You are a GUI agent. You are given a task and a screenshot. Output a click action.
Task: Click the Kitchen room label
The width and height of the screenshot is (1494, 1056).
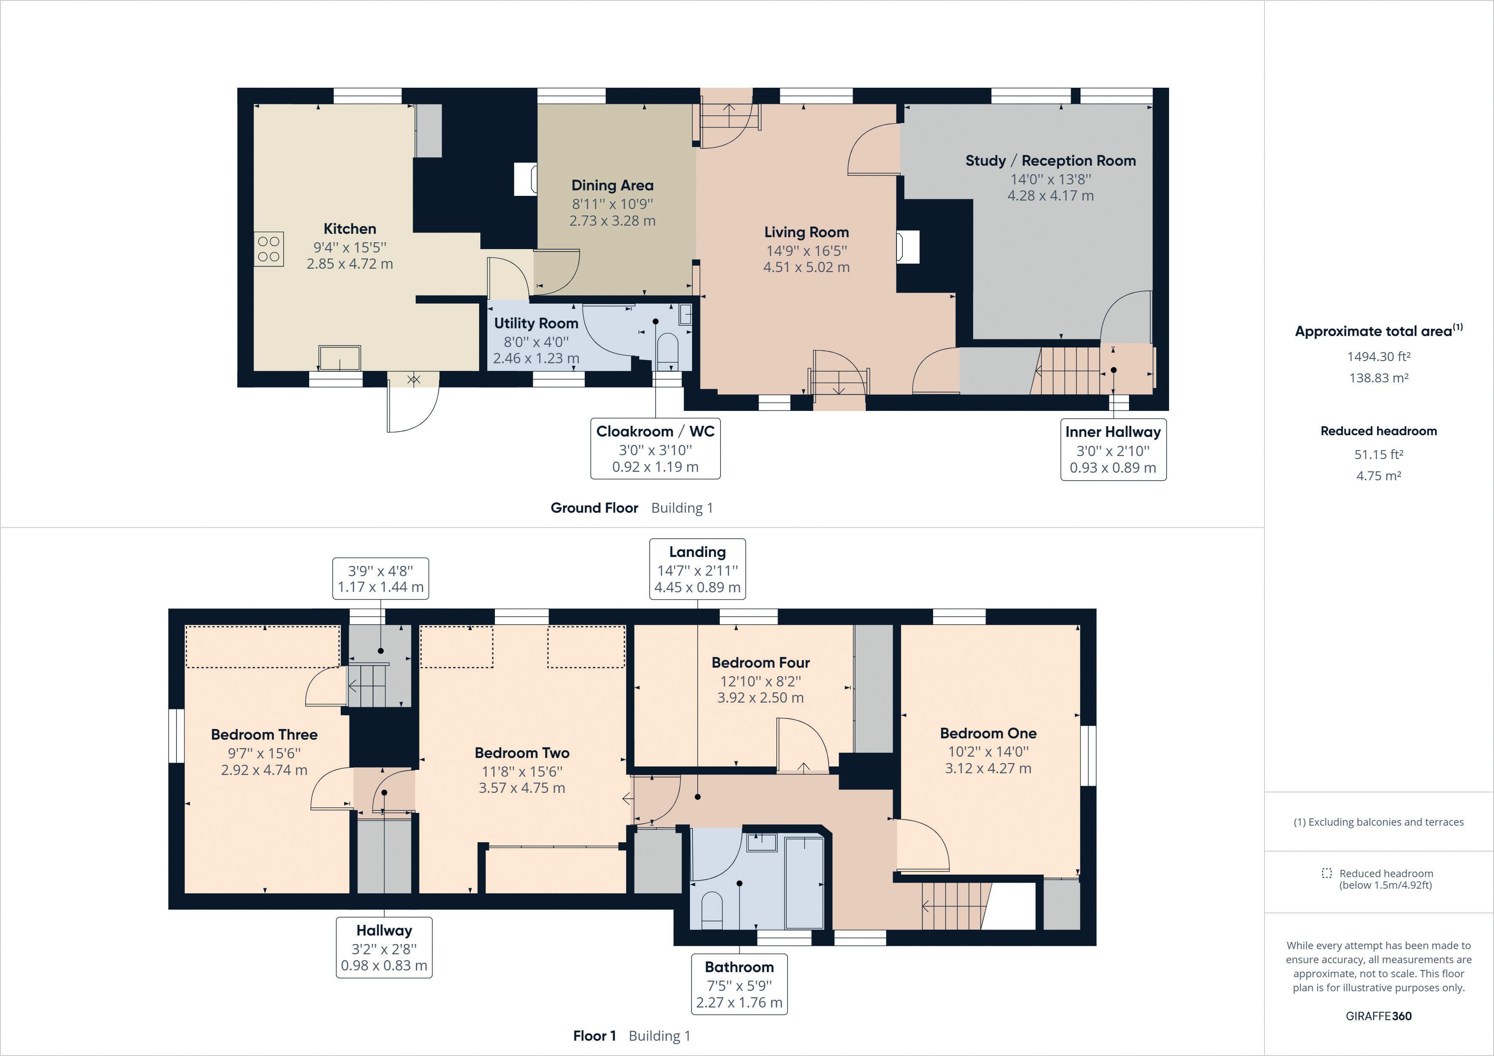350,229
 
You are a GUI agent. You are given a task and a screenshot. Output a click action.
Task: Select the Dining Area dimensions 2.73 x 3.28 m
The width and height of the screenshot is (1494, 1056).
612,221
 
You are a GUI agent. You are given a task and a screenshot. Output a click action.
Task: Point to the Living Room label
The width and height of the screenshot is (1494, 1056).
806,232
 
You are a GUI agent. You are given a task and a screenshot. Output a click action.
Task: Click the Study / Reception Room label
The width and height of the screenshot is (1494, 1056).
1050,161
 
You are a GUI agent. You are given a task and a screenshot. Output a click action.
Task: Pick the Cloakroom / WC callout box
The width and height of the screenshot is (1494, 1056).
655,449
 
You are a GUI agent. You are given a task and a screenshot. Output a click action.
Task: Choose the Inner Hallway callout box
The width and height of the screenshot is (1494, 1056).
1113,450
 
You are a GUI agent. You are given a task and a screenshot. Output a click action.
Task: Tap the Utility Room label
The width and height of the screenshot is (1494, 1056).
536,323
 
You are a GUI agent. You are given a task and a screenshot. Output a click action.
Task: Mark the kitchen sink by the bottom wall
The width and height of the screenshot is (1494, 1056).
339,357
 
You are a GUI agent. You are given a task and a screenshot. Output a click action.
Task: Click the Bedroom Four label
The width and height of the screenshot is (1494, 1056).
761,663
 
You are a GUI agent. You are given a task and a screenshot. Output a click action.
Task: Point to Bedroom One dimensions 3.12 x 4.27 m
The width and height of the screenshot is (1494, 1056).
988,769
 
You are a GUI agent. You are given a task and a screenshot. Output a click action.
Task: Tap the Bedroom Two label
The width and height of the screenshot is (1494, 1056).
522,753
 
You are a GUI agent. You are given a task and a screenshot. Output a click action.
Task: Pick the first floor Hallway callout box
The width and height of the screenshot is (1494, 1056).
384,947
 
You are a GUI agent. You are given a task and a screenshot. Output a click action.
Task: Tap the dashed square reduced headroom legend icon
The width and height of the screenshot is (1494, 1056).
1327,873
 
